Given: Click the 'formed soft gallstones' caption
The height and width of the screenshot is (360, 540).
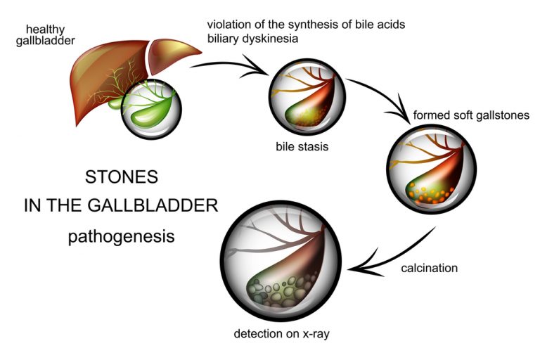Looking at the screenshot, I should coord(471,115).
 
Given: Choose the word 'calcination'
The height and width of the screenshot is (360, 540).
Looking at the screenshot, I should coord(429,268).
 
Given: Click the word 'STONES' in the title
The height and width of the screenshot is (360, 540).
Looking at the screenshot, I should coord(120,177).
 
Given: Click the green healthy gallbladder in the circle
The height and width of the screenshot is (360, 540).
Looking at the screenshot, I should coord(151,109).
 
